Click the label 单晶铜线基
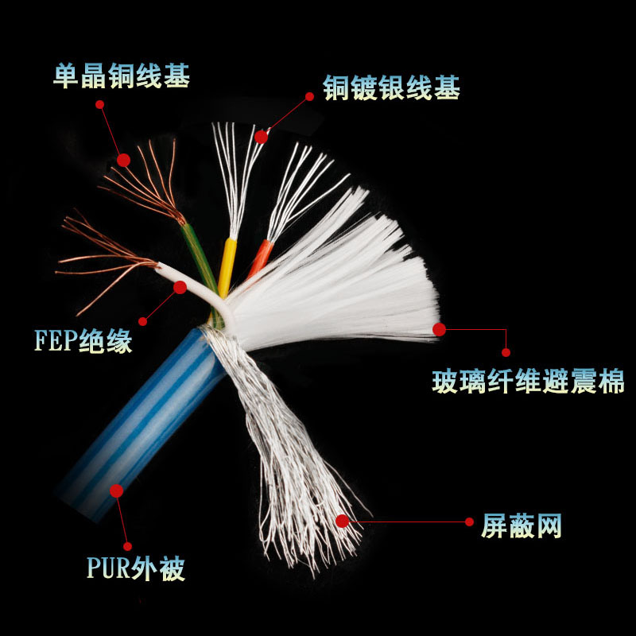122,76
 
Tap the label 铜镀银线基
391,87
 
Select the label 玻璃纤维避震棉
528,382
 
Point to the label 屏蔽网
522,525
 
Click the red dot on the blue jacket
117,491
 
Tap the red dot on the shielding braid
343,521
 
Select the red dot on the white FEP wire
180,287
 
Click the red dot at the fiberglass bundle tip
439,328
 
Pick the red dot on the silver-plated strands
261,137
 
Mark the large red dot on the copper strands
123,160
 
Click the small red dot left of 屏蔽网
469,522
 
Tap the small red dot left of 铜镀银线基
309,96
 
